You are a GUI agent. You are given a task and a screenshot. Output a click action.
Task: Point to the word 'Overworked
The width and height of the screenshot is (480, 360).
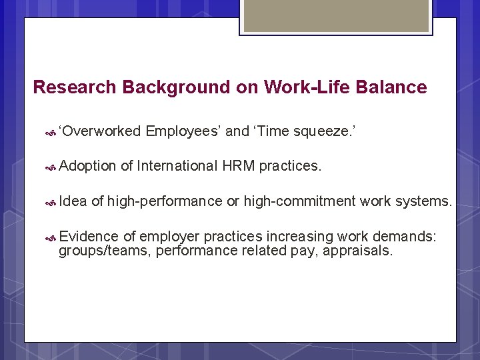[99, 131]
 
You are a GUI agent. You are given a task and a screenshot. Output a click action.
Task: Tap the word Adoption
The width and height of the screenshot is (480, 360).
[88, 165]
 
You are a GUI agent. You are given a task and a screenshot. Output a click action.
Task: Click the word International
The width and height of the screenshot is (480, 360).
[177, 165]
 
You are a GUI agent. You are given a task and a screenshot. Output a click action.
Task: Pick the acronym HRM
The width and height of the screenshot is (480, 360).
[239, 165]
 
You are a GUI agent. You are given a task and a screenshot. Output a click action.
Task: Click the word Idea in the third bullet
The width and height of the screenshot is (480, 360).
[73, 201]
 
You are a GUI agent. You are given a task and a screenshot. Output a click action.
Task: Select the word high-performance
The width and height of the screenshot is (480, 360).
[165, 201]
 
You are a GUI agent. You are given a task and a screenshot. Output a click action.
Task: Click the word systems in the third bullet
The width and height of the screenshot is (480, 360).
[423, 201]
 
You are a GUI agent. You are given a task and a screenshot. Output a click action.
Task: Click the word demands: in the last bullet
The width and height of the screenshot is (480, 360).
[407, 237]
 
